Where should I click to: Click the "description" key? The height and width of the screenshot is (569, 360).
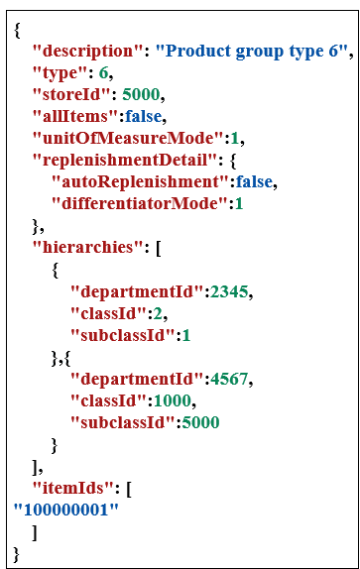[82, 51]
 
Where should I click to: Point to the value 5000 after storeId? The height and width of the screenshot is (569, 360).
[142, 95]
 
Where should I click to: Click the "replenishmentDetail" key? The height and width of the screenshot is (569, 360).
[120, 161]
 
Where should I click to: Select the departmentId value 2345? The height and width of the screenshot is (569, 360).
[229, 291]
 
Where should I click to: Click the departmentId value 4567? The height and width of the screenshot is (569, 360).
[229, 379]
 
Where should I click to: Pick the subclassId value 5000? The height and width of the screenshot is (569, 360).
[199, 422]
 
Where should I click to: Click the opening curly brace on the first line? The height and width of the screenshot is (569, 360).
[18, 29]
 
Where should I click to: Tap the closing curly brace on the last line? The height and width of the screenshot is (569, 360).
[17, 552]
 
